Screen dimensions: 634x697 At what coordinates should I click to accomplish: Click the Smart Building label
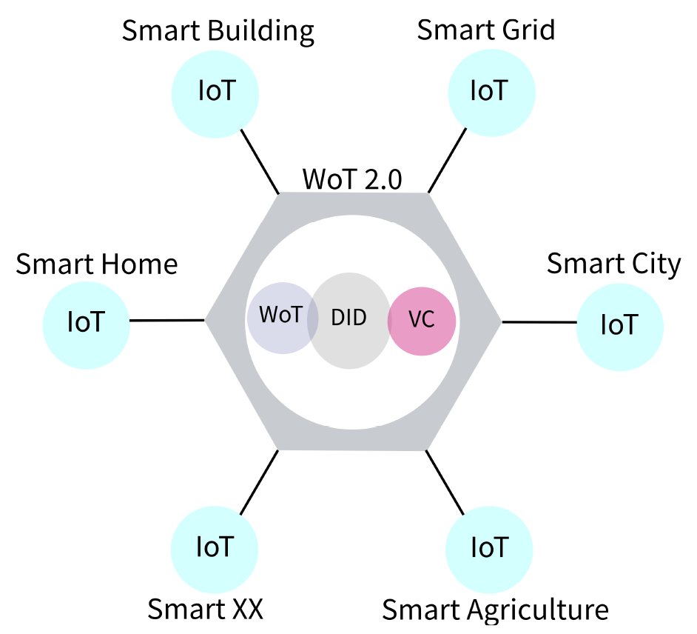pos(218,32)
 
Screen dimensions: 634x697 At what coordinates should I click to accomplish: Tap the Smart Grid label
pos(485,30)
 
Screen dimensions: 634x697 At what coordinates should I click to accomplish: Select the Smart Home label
pos(97,264)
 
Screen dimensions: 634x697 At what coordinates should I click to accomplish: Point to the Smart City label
pos(613,264)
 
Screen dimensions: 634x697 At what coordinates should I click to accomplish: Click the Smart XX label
pos(206,609)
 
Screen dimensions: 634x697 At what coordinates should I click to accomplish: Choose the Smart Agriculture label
pos(495,610)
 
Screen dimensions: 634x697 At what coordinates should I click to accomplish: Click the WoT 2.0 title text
pos(352,179)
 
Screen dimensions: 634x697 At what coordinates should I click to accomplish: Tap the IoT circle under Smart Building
pos(216,93)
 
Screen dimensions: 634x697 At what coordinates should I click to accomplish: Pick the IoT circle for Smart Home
pos(87,323)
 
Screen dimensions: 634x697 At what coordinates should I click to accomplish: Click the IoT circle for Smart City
pos(619,325)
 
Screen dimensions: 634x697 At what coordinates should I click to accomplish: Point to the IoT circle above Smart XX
pos(215,548)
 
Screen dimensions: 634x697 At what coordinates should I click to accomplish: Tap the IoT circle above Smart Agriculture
pos(489,548)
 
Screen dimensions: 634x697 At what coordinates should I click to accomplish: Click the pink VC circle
pos(422,321)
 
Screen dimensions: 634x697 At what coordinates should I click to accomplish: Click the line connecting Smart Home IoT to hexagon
pos(167,321)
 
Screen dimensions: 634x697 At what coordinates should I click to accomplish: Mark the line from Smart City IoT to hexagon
pos(539,322)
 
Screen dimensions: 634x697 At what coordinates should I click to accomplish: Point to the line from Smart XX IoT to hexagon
pos(258,482)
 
